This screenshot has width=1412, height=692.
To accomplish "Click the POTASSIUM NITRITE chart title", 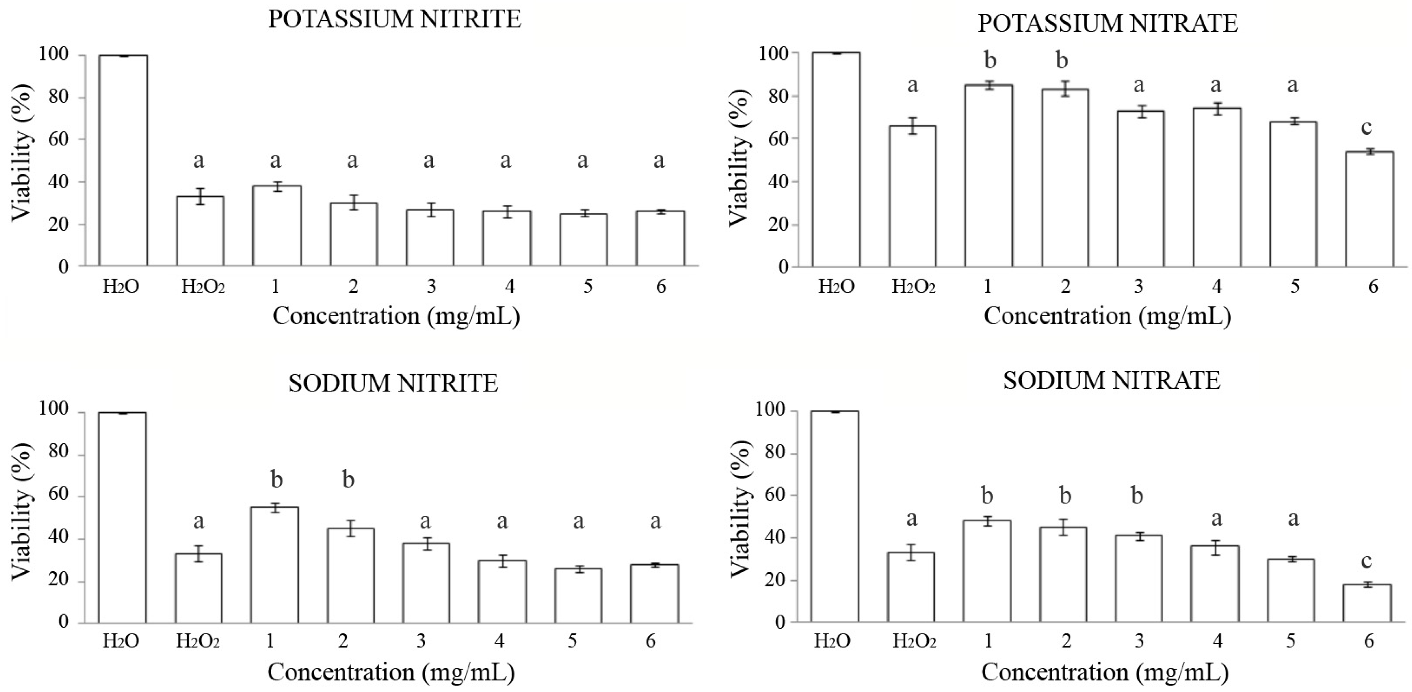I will (394, 20).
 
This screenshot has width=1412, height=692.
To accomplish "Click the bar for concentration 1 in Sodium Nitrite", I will (275, 565).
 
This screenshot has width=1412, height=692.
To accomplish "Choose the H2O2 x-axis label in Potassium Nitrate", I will (913, 287).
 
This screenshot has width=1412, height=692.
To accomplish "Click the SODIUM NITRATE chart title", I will (1112, 380).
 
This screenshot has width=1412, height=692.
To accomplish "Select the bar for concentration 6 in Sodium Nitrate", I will (1367, 603).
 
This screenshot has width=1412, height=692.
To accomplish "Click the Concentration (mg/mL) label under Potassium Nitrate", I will (1107, 317).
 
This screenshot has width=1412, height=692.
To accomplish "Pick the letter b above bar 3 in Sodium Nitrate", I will (1137, 496).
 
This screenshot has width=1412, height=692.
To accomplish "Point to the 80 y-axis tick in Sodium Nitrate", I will (770, 454).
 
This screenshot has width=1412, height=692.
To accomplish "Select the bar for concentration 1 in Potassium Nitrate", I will (989, 175).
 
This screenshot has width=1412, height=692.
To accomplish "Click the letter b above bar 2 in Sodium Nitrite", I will (348, 480).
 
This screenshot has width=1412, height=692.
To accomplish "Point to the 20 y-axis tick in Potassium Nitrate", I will (771, 225).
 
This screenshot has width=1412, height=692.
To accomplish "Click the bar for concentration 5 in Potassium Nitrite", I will (583, 240).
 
